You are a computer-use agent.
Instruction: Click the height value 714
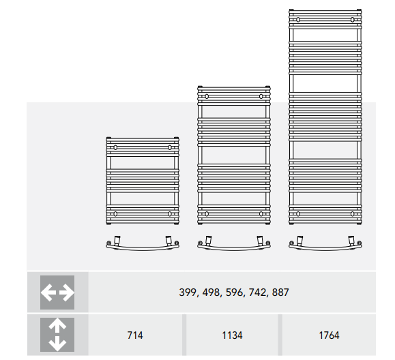pyautogui.click(x=135, y=335)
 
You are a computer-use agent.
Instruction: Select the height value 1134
pyautogui.click(x=232, y=335)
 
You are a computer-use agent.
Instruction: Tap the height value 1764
pyautogui.click(x=328, y=335)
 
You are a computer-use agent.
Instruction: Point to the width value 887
pyautogui.click(x=281, y=292)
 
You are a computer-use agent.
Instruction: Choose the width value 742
pyautogui.click(x=257, y=292)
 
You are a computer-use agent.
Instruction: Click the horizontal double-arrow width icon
pyautogui.click(x=57, y=292)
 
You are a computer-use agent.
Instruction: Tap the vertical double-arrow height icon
pyautogui.click(x=57, y=335)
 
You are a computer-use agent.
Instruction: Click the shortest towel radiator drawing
pyautogui.click(x=142, y=181)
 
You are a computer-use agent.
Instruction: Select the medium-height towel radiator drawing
pyautogui.click(x=233, y=155)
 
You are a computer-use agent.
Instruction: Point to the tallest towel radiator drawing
pyautogui.click(x=325, y=116)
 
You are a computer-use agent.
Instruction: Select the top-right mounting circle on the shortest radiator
pyautogui.click(x=170, y=147)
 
